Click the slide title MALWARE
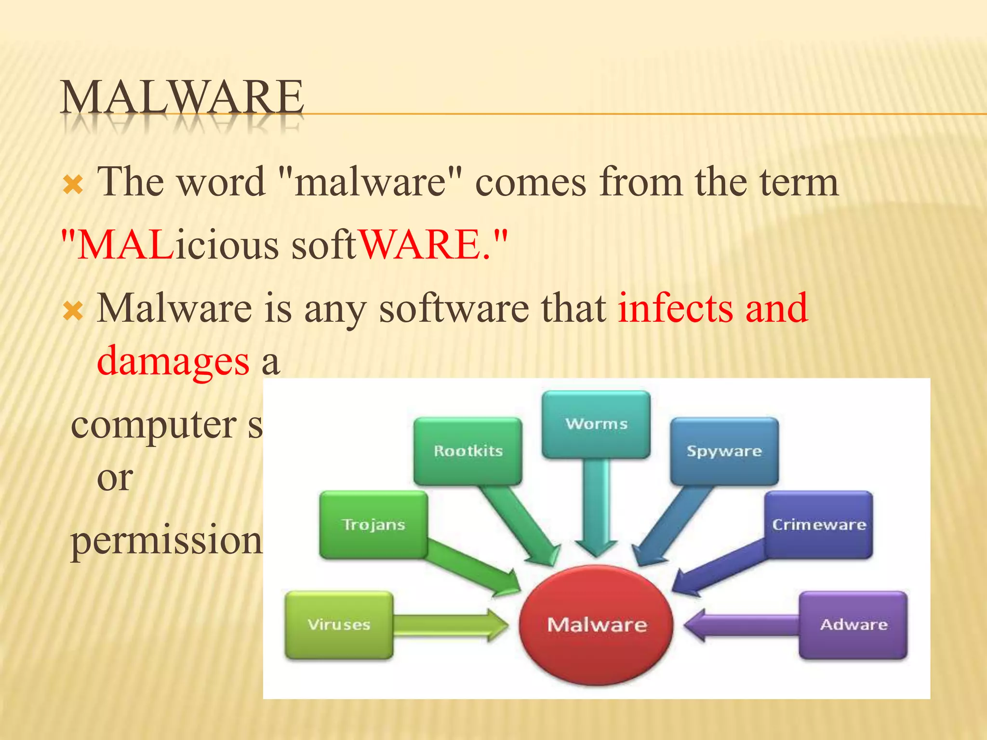pyautogui.click(x=182, y=98)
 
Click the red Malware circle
pyautogui.click(x=597, y=624)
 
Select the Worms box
pyautogui.click(x=596, y=424)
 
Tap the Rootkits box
pyautogui.click(x=468, y=451)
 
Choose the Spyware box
pyautogui.click(x=724, y=451)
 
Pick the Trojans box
pyautogui.click(x=373, y=524)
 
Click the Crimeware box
pyautogui.click(x=819, y=524)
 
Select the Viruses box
pyautogui.click(x=339, y=624)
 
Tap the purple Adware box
pyautogui.click(x=854, y=624)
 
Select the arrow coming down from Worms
pyautogui.click(x=597, y=506)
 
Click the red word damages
pyautogui.click(x=173, y=361)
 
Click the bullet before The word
pyautogui.click(x=73, y=185)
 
